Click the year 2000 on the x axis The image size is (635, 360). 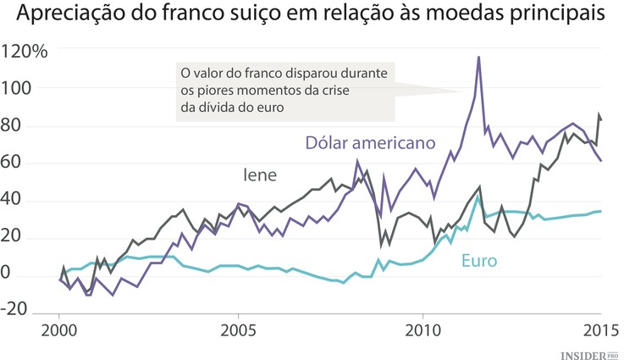tap(59, 330)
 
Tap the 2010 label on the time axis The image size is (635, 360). tap(421, 330)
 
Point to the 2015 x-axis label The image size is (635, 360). tap(600, 330)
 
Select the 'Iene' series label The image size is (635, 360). tap(261, 174)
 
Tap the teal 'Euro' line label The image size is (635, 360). tap(478, 260)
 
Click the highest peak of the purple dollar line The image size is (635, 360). tap(479, 58)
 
